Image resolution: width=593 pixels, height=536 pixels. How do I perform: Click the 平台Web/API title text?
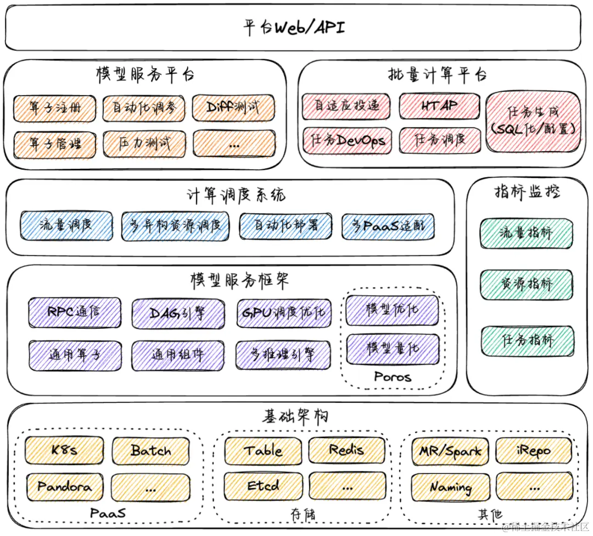pyautogui.click(x=294, y=27)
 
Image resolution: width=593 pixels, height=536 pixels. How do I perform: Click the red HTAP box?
pyautogui.click(x=439, y=106)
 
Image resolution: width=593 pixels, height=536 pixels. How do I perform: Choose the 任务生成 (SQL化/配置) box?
pyautogui.click(x=533, y=121)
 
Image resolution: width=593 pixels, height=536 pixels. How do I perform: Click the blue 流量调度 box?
pyautogui.click(x=66, y=225)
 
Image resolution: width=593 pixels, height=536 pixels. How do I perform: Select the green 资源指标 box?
pyautogui.click(x=526, y=285)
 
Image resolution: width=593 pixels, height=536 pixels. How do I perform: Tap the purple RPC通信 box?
pyautogui.click(x=75, y=312)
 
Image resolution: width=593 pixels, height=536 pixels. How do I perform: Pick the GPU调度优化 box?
pyautogui.click(x=284, y=313)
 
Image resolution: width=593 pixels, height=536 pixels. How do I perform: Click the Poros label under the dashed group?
pyautogui.click(x=392, y=377)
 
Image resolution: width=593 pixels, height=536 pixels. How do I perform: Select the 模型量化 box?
pyautogui.click(x=392, y=349)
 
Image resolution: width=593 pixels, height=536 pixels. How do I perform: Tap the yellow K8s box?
pyautogui.click(x=64, y=450)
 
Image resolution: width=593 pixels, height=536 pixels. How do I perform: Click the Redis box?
pyautogui.click(x=346, y=450)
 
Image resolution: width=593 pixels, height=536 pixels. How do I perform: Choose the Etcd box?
pyautogui.click(x=264, y=486)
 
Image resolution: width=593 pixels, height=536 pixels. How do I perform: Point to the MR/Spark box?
pyautogui.click(x=450, y=451)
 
